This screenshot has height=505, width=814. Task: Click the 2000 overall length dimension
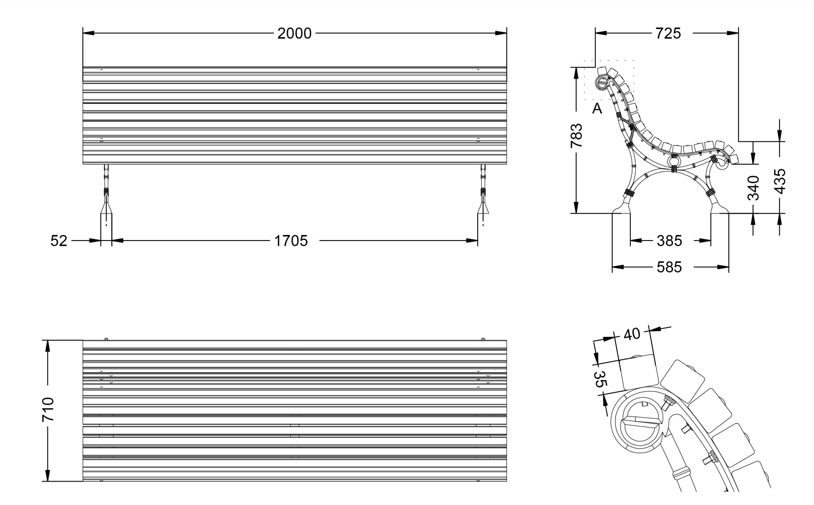(x=294, y=34)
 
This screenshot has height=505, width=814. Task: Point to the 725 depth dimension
(x=668, y=34)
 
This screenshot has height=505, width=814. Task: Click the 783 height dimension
(x=576, y=135)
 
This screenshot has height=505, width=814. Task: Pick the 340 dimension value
(x=753, y=188)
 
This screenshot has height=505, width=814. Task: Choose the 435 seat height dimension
(x=780, y=181)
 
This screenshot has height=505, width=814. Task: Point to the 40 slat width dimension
(x=632, y=334)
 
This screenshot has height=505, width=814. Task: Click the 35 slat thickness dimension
(x=600, y=379)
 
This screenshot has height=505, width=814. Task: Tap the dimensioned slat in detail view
(x=638, y=372)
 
